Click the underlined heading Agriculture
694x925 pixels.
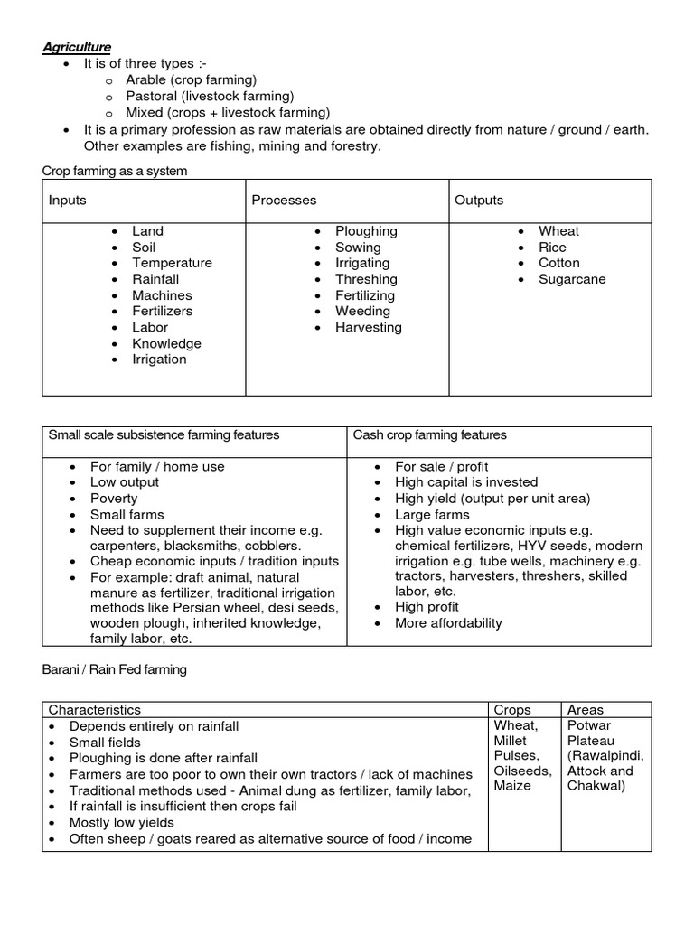[79, 47]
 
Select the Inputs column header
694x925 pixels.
[68, 200]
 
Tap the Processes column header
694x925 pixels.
[284, 200]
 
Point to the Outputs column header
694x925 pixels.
[479, 200]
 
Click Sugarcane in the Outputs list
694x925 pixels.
[572, 279]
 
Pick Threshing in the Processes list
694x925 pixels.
[366, 279]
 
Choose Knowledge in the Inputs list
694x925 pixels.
[166, 343]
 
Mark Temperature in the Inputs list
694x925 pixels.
[172, 263]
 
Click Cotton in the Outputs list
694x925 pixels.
[559, 263]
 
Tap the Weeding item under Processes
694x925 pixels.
[362, 311]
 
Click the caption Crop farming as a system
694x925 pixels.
[115, 171]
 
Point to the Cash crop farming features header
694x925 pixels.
[429, 435]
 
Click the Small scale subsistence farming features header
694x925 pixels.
[164, 435]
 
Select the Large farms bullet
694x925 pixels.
[432, 514]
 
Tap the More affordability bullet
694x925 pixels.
[448, 623]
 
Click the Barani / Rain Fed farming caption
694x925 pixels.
[114, 669]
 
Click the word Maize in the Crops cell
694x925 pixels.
[512, 786]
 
